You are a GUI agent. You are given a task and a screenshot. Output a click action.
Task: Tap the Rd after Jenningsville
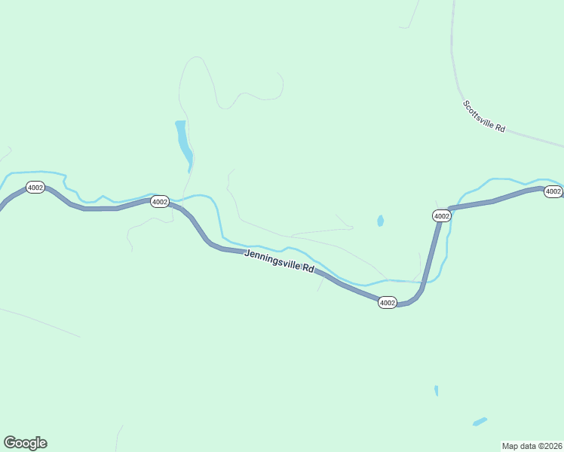tap(308, 268)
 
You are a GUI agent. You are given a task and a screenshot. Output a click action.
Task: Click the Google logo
tap(25, 443)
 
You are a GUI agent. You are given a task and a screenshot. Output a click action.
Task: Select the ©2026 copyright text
tap(550, 445)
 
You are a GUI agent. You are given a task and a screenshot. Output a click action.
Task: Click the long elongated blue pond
tap(183, 142)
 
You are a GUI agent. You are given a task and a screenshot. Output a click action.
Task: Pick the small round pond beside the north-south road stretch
tap(380, 221)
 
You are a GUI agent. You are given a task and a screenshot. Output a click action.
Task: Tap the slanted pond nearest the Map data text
tap(480, 421)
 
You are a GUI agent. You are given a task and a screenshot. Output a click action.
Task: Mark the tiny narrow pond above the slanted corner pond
tap(436, 390)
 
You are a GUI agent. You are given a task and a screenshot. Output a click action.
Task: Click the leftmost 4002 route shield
tap(35, 187)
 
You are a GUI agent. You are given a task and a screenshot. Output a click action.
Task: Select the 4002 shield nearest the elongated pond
tap(159, 201)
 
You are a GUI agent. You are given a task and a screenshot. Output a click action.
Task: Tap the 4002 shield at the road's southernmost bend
tap(387, 302)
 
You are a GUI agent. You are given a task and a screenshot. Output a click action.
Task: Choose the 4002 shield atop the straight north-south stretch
tap(442, 216)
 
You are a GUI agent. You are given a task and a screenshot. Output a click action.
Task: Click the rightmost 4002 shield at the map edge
tap(553, 191)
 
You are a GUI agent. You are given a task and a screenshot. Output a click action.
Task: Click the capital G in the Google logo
tap(10, 442)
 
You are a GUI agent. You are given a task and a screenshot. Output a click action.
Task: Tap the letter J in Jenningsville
tap(247, 253)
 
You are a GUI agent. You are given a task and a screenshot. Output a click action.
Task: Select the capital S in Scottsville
tap(464, 103)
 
